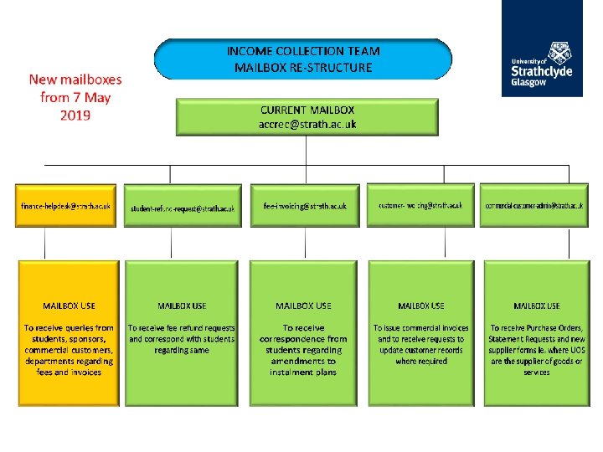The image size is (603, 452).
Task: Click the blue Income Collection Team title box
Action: pos(302,59)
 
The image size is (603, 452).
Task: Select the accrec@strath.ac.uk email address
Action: pos(307,124)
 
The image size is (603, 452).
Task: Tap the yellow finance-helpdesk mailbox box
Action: pos(67,205)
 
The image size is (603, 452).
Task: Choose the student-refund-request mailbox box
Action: pos(182,206)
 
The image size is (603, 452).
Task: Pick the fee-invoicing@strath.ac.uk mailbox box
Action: pos(304,205)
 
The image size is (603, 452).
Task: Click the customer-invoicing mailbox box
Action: pos(420,205)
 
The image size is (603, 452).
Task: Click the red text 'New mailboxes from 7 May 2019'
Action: pos(75,96)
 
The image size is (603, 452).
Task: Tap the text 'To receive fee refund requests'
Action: pos(182,328)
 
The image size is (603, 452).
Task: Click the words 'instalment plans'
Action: pos(303,372)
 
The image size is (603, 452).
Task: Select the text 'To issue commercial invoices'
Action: pos(421,328)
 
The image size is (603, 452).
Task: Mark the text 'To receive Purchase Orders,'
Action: pos(537,328)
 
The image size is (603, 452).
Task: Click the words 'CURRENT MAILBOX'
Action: pos(307,110)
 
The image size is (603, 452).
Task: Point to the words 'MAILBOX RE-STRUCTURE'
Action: pos(303,67)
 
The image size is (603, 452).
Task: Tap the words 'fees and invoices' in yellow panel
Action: pos(69,372)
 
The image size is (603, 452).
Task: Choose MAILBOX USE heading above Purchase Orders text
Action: pos(537,306)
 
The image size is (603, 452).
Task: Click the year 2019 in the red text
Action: pos(75,114)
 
